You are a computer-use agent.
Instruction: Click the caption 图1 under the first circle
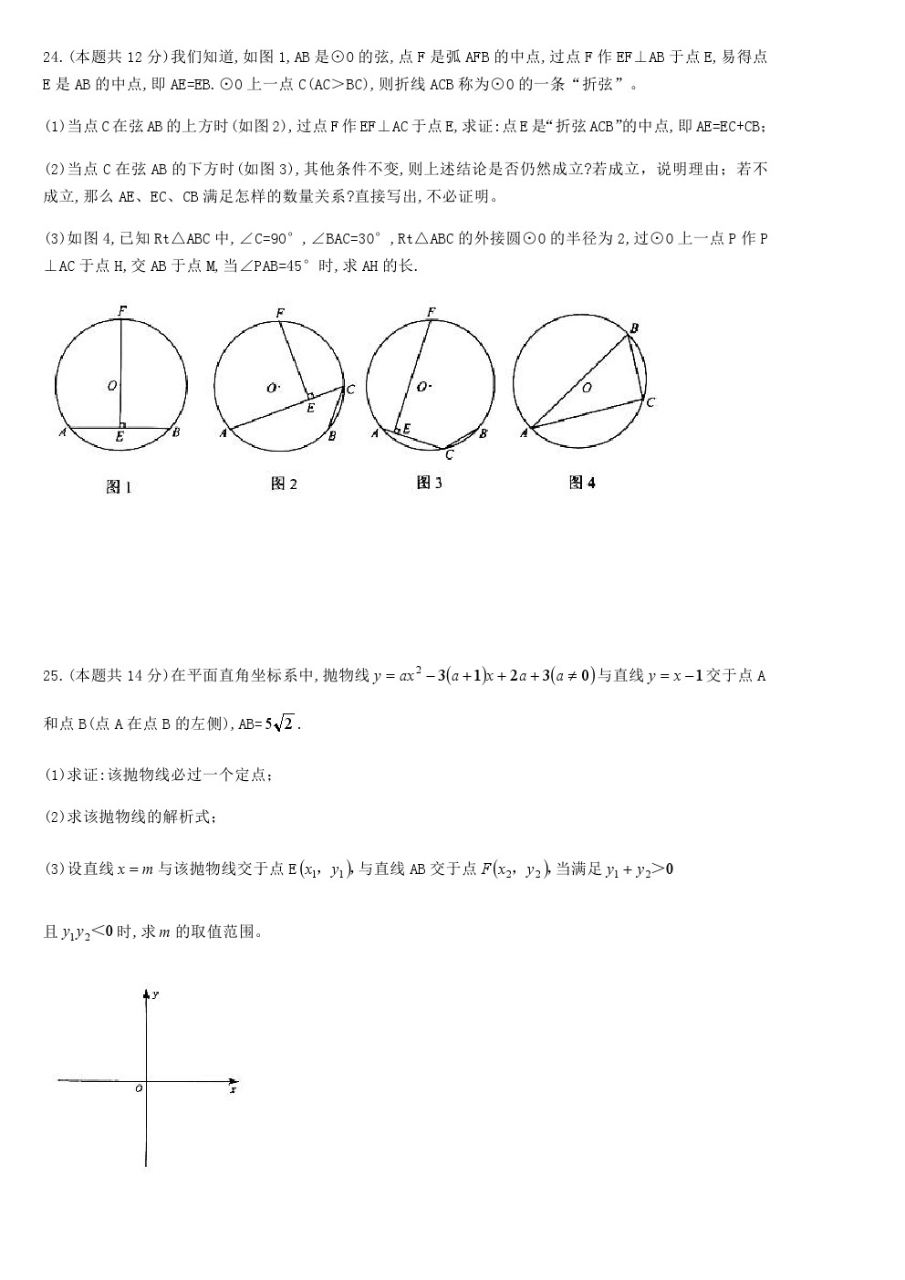coord(119,487)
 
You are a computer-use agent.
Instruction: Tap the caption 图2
coord(284,484)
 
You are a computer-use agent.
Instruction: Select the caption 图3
coord(429,483)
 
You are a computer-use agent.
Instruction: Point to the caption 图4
coord(582,483)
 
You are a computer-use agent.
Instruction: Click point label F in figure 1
coord(122,310)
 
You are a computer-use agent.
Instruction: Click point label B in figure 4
coord(634,328)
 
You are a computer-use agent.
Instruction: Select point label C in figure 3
coord(449,454)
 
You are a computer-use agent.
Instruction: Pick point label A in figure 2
coord(223,433)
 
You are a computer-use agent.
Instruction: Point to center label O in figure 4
coord(587,388)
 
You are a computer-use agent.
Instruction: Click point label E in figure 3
coord(406,427)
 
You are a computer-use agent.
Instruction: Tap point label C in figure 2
coord(349,390)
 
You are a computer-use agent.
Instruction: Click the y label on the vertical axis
coord(156,994)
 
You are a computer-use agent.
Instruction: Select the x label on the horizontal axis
coord(234,1089)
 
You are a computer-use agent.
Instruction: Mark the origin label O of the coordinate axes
coord(139,1088)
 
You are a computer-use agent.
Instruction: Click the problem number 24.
coord(52,57)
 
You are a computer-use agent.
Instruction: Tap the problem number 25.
coord(52,676)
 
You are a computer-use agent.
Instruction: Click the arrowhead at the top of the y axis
coord(146,994)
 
